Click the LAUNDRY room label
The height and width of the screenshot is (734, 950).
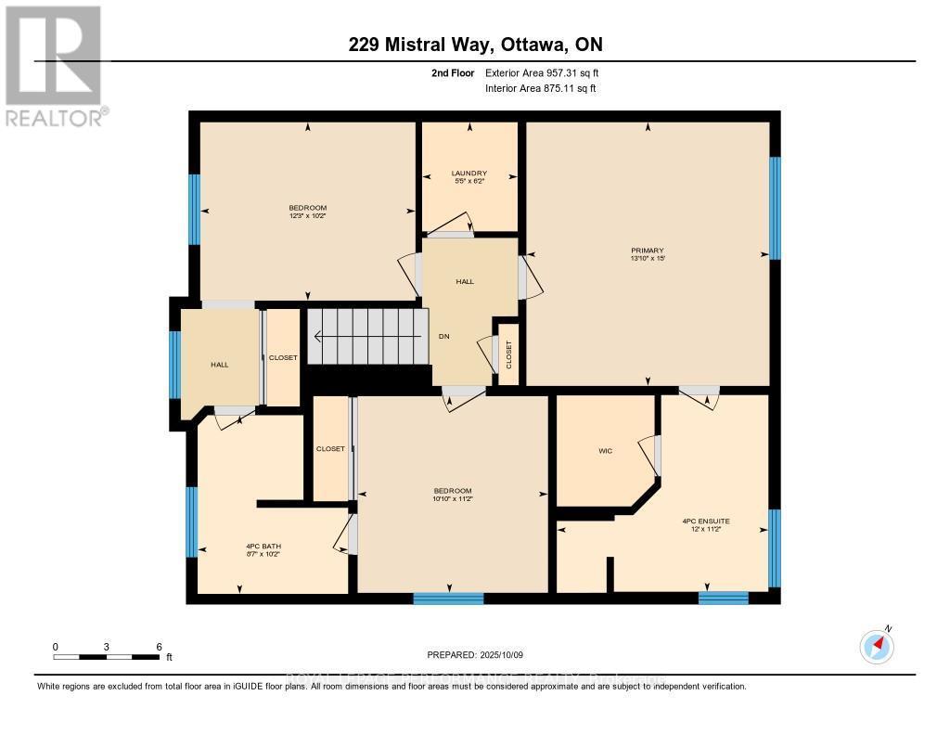click(469, 174)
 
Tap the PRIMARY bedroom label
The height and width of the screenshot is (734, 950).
click(648, 250)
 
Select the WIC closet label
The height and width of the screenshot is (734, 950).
click(605, 451)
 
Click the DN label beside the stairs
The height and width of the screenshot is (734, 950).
click(444, 337)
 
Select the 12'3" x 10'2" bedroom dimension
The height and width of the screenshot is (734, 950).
click(307, 215)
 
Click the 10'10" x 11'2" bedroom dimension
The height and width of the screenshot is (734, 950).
click(453, 499)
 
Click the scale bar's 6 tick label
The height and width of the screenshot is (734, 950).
click(159, 647)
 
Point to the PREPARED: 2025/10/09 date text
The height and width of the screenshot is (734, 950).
click(475, 654)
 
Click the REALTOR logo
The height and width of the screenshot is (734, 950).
click(55, 65)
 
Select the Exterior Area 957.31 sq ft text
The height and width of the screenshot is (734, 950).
click(548, 72)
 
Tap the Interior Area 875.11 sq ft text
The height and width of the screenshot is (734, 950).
click(541, 88)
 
